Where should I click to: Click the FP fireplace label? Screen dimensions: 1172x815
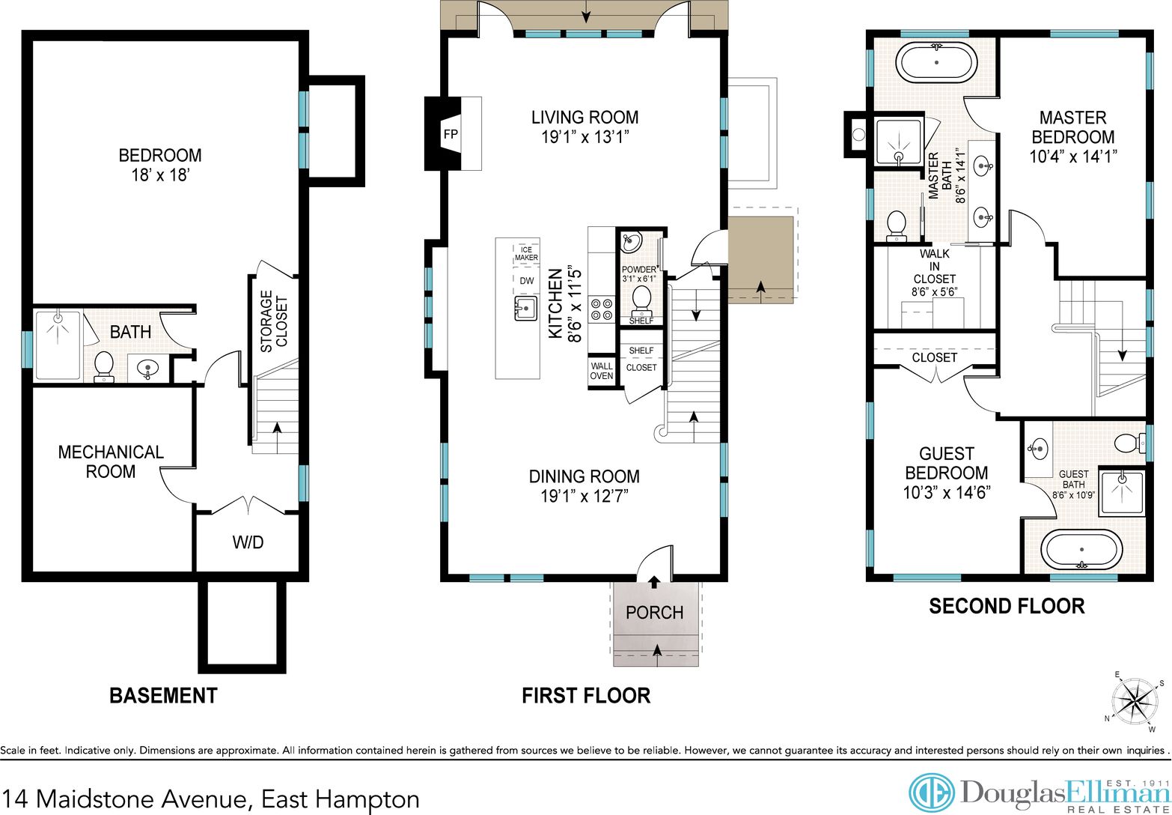click(x=451, y=134)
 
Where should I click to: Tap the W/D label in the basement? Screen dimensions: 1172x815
click(x=248, y=542)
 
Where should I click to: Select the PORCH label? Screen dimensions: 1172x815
click(x=655, y=612)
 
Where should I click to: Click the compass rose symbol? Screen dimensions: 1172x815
click(x=1134, y=701)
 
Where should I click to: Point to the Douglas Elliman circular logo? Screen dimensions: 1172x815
click(x=931, y=793)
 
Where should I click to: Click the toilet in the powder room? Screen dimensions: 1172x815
click(x=641, y=301)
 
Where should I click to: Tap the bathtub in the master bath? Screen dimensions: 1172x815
click(x=936, y=62)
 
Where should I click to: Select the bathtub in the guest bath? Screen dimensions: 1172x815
click(x=1082, y=550)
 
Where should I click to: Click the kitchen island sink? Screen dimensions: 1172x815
click(x=525, y=307)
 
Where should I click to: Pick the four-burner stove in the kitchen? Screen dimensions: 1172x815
click(x=602, y=309)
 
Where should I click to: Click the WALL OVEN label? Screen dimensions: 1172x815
click(x=602, y=371)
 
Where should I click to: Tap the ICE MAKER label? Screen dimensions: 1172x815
click(x=526, y=253)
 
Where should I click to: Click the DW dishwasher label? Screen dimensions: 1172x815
click(x=527, y=281)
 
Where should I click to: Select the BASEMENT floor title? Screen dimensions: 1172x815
click(x=163, y=696)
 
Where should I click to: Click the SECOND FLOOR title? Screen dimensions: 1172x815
click(x=1007, y=606)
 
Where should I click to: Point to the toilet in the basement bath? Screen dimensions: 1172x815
click(x=104, y=366)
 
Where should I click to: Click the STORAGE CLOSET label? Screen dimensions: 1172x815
click(x=274, y=321)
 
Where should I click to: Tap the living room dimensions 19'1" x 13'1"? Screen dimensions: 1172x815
click(x=585, y=136)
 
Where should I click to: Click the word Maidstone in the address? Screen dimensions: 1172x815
click(x=96, y=799)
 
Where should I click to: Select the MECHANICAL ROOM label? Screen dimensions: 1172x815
click(x=111, y=461)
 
